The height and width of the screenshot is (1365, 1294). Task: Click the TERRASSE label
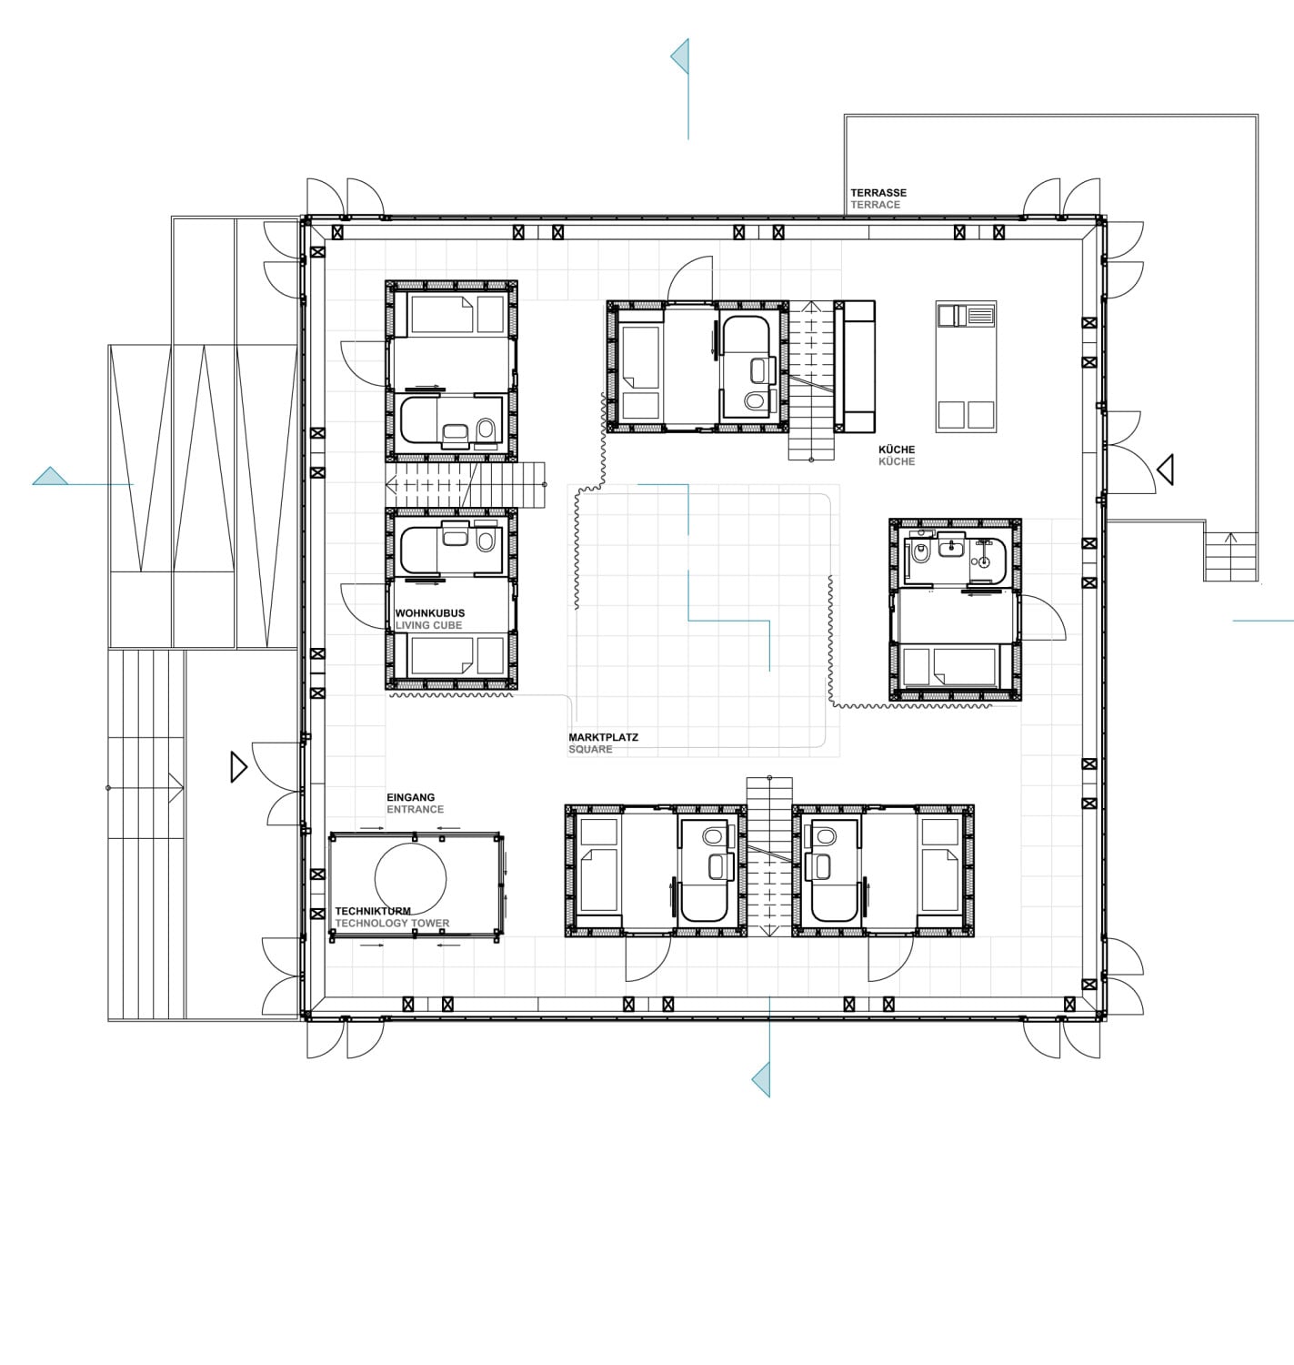(x=878, y=193)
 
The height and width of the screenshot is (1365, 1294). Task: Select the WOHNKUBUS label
(x=429, y=613)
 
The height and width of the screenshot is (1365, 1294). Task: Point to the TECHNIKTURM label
(x=373, y=911)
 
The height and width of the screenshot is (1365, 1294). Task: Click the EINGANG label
(x=410, y=797)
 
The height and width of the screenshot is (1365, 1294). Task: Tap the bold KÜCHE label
(x=896, y=450)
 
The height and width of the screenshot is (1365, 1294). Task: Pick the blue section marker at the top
(x=680, y=57)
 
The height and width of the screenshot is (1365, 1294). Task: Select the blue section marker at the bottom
(x=761, y=1079)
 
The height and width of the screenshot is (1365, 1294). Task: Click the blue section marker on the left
(x=51, y=476)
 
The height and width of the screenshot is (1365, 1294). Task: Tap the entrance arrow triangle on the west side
(x=239, y=767)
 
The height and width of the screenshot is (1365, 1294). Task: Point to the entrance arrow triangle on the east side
(x=1165, y=470)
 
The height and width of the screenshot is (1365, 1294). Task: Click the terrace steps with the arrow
(x=1231, y=555)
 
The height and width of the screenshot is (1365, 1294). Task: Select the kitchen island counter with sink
(x=966, y=366)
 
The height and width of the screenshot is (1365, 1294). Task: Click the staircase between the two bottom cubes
(x=769, y=855)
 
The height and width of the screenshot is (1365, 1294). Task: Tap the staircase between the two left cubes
(x=466, y=484)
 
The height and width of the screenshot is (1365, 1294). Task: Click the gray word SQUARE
(x=590, y=750)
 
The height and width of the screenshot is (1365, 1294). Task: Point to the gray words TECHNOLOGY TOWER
(x=392, y=924)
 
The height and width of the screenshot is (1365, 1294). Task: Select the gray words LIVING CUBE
(x=428, y=626)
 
